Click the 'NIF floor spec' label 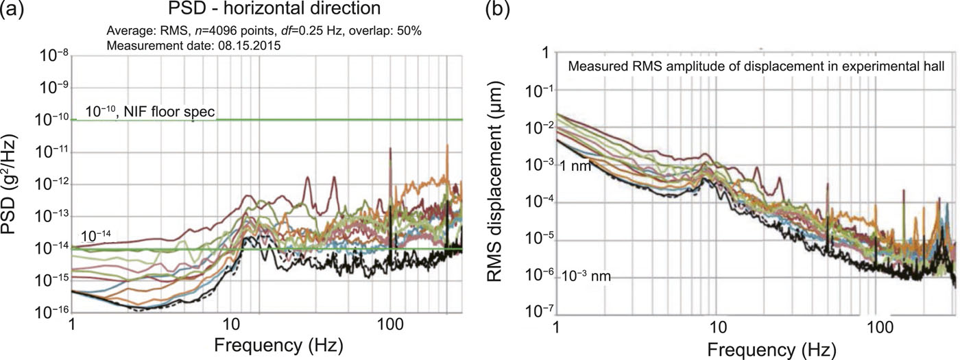pos(172,112)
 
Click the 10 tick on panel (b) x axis pos(717,326)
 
